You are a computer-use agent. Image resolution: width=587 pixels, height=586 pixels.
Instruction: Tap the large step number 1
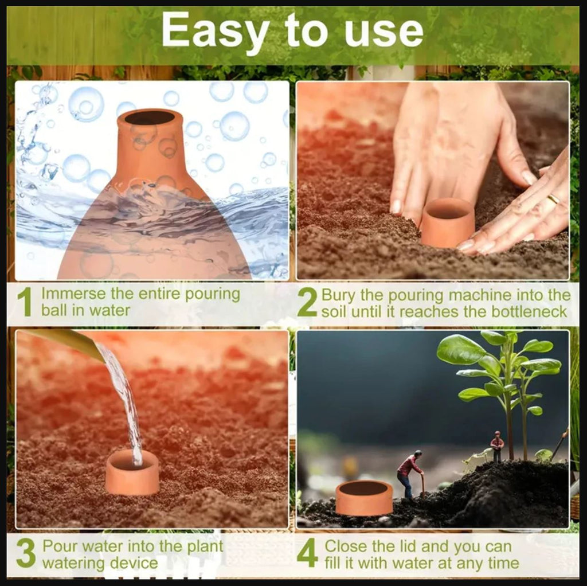tap(25, 303)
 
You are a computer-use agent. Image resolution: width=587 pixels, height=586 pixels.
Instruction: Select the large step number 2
tap(307, 303)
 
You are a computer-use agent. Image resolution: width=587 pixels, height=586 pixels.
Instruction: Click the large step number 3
tap(26, 553)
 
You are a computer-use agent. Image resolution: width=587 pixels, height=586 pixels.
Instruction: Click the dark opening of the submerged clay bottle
tap(150, 118)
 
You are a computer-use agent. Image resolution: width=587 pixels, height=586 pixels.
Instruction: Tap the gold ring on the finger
tap(554, 199)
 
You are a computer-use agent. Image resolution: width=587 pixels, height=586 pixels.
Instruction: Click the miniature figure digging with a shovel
tap(410, 474)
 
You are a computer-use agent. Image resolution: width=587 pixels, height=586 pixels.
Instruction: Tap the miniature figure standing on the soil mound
tap(497, 447)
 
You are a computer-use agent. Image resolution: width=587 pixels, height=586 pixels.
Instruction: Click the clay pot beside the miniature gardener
tap(364, 497)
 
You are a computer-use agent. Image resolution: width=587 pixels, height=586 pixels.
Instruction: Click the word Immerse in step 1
tap(72, 294)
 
